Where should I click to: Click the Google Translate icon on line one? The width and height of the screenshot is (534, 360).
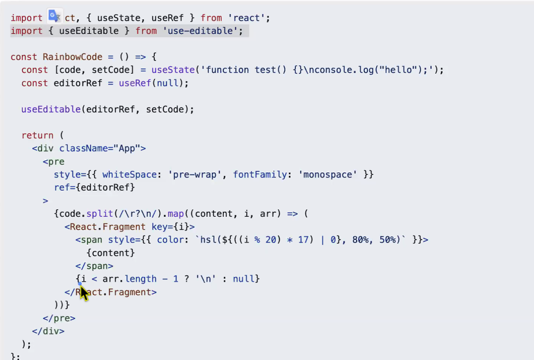55,16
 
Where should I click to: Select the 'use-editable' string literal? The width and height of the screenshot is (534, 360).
205,31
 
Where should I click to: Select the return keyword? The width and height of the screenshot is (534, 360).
37,136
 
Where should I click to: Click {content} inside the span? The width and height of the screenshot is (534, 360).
111,253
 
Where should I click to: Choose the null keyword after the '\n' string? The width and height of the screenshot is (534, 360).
243,279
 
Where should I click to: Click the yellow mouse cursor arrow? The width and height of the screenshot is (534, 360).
84,292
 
